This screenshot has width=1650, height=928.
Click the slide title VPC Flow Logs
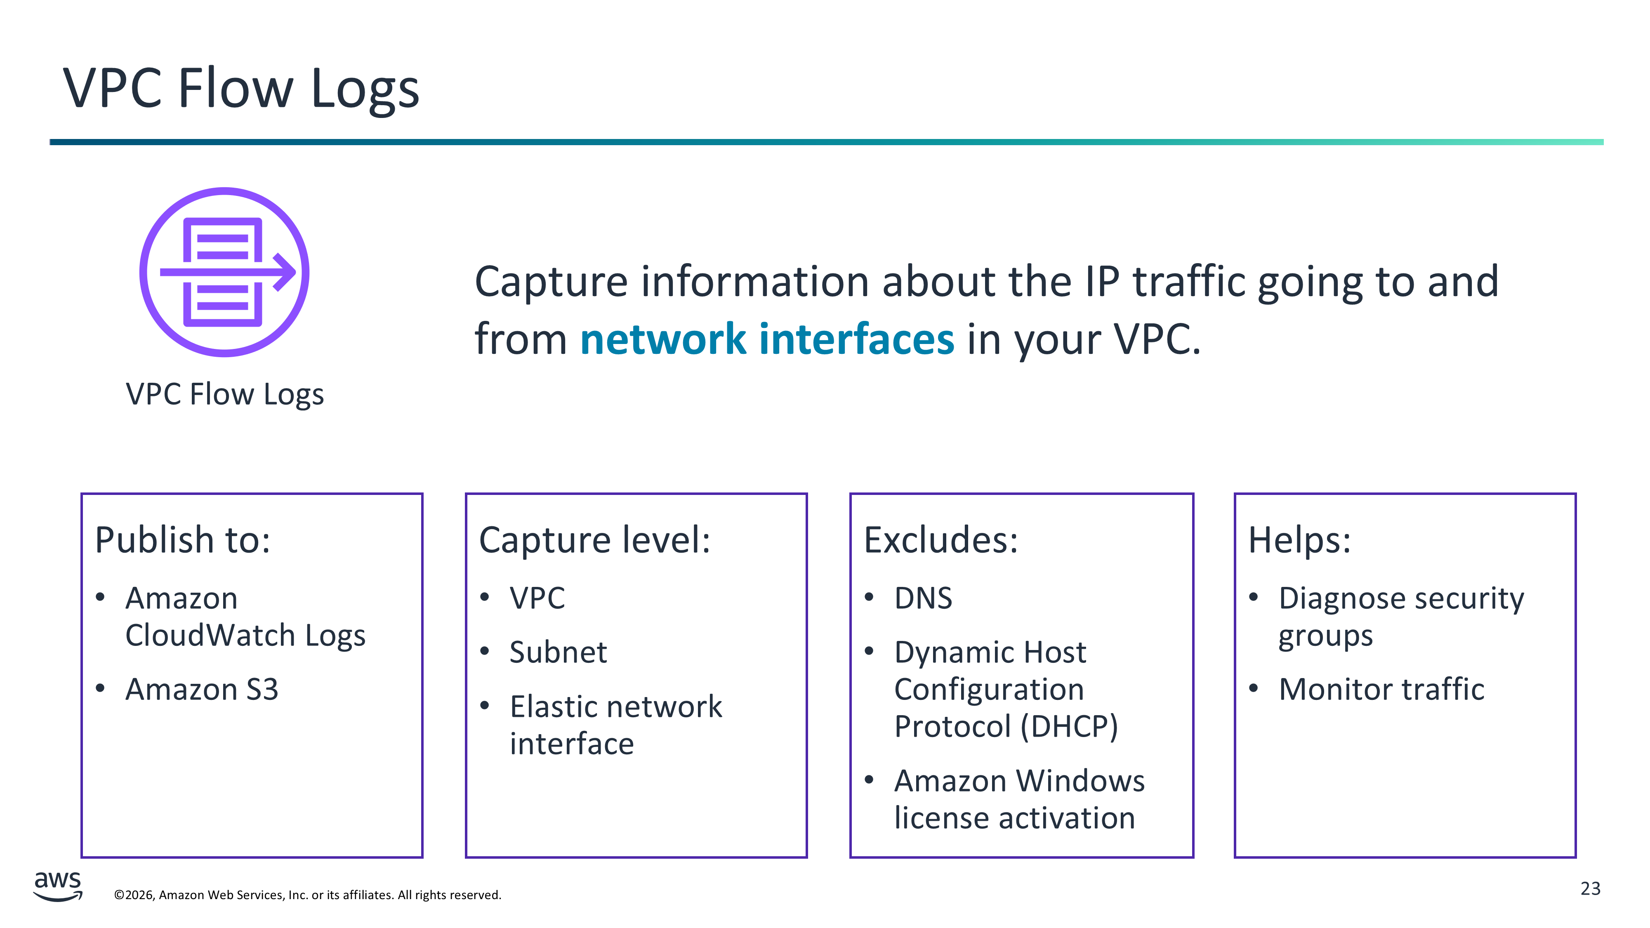241,89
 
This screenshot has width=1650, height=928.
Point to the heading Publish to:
183,540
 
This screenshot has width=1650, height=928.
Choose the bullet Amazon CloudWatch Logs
245,617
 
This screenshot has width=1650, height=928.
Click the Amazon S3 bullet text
202,690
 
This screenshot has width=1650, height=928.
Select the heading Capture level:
594,540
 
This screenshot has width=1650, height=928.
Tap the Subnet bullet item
558,652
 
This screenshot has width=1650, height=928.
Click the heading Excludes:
940,540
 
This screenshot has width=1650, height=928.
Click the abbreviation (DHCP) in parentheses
1069,727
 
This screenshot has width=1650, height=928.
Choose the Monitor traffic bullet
1381,690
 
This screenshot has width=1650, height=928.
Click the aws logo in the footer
58,886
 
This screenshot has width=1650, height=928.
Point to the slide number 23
1591,889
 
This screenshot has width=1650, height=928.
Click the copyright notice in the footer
307,895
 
